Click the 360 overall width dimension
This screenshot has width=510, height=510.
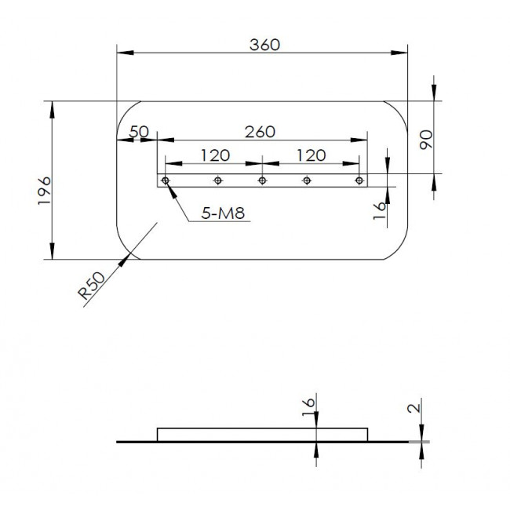264,45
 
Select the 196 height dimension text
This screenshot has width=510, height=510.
45,191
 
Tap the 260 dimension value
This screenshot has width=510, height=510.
260,132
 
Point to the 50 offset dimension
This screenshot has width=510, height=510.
139,132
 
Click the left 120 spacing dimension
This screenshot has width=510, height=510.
215,155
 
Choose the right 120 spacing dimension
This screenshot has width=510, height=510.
311,155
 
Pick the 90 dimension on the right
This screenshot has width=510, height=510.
426,140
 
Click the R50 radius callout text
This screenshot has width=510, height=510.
92,286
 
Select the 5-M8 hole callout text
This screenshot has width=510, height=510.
223,213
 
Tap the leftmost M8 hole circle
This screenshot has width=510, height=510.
166,180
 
